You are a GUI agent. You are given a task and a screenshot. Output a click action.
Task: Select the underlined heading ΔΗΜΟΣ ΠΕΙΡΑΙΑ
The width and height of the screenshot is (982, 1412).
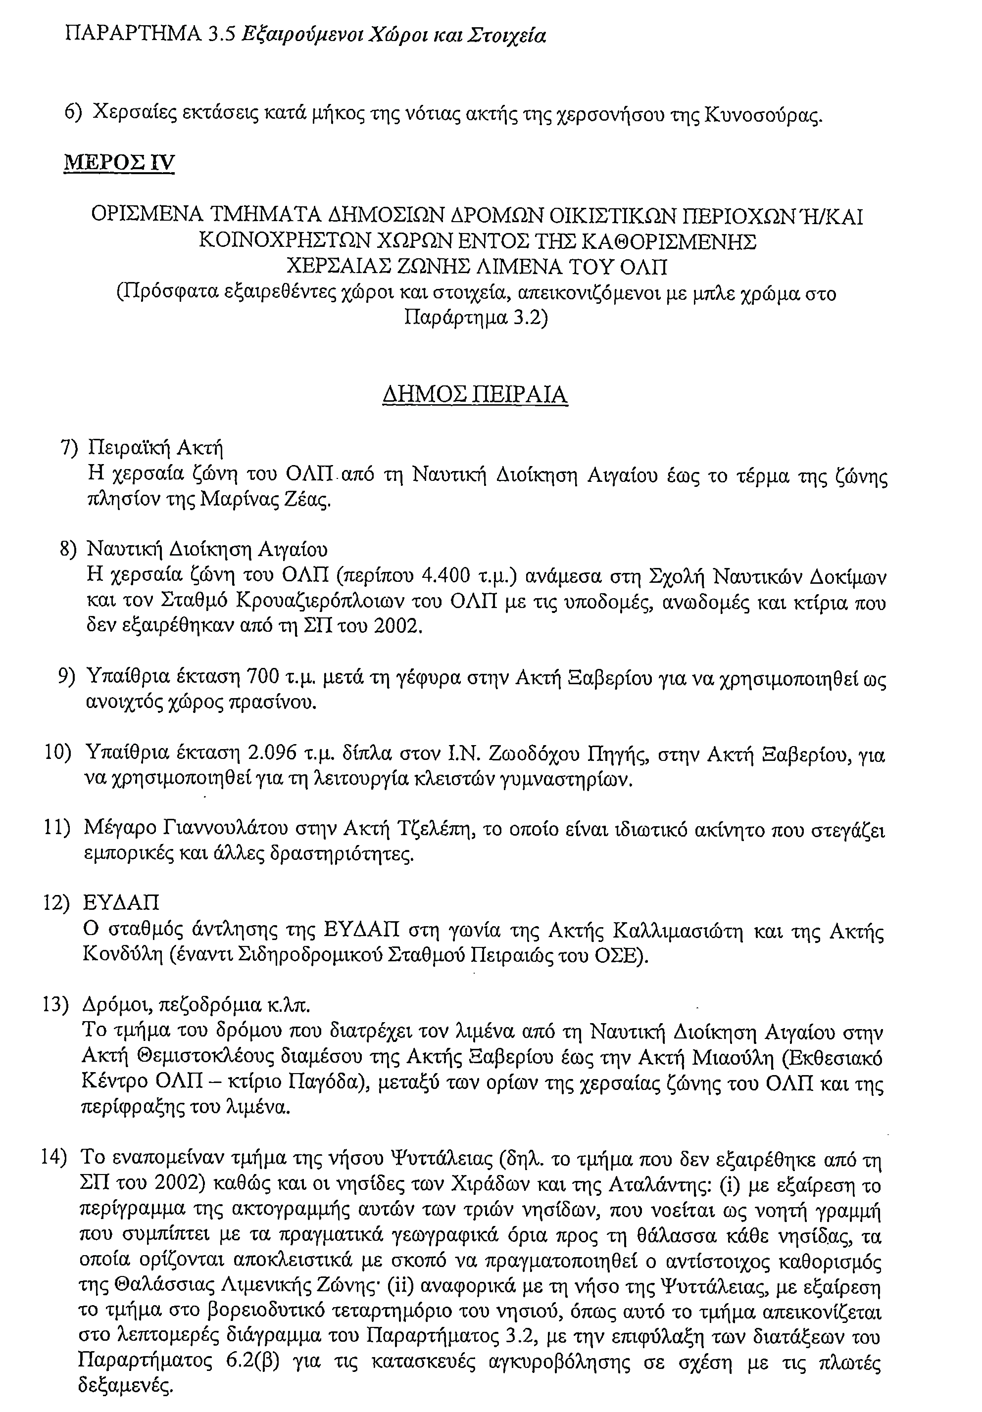(474, 394)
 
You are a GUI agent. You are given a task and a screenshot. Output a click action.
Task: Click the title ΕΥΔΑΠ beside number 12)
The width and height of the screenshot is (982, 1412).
(121, 903)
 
